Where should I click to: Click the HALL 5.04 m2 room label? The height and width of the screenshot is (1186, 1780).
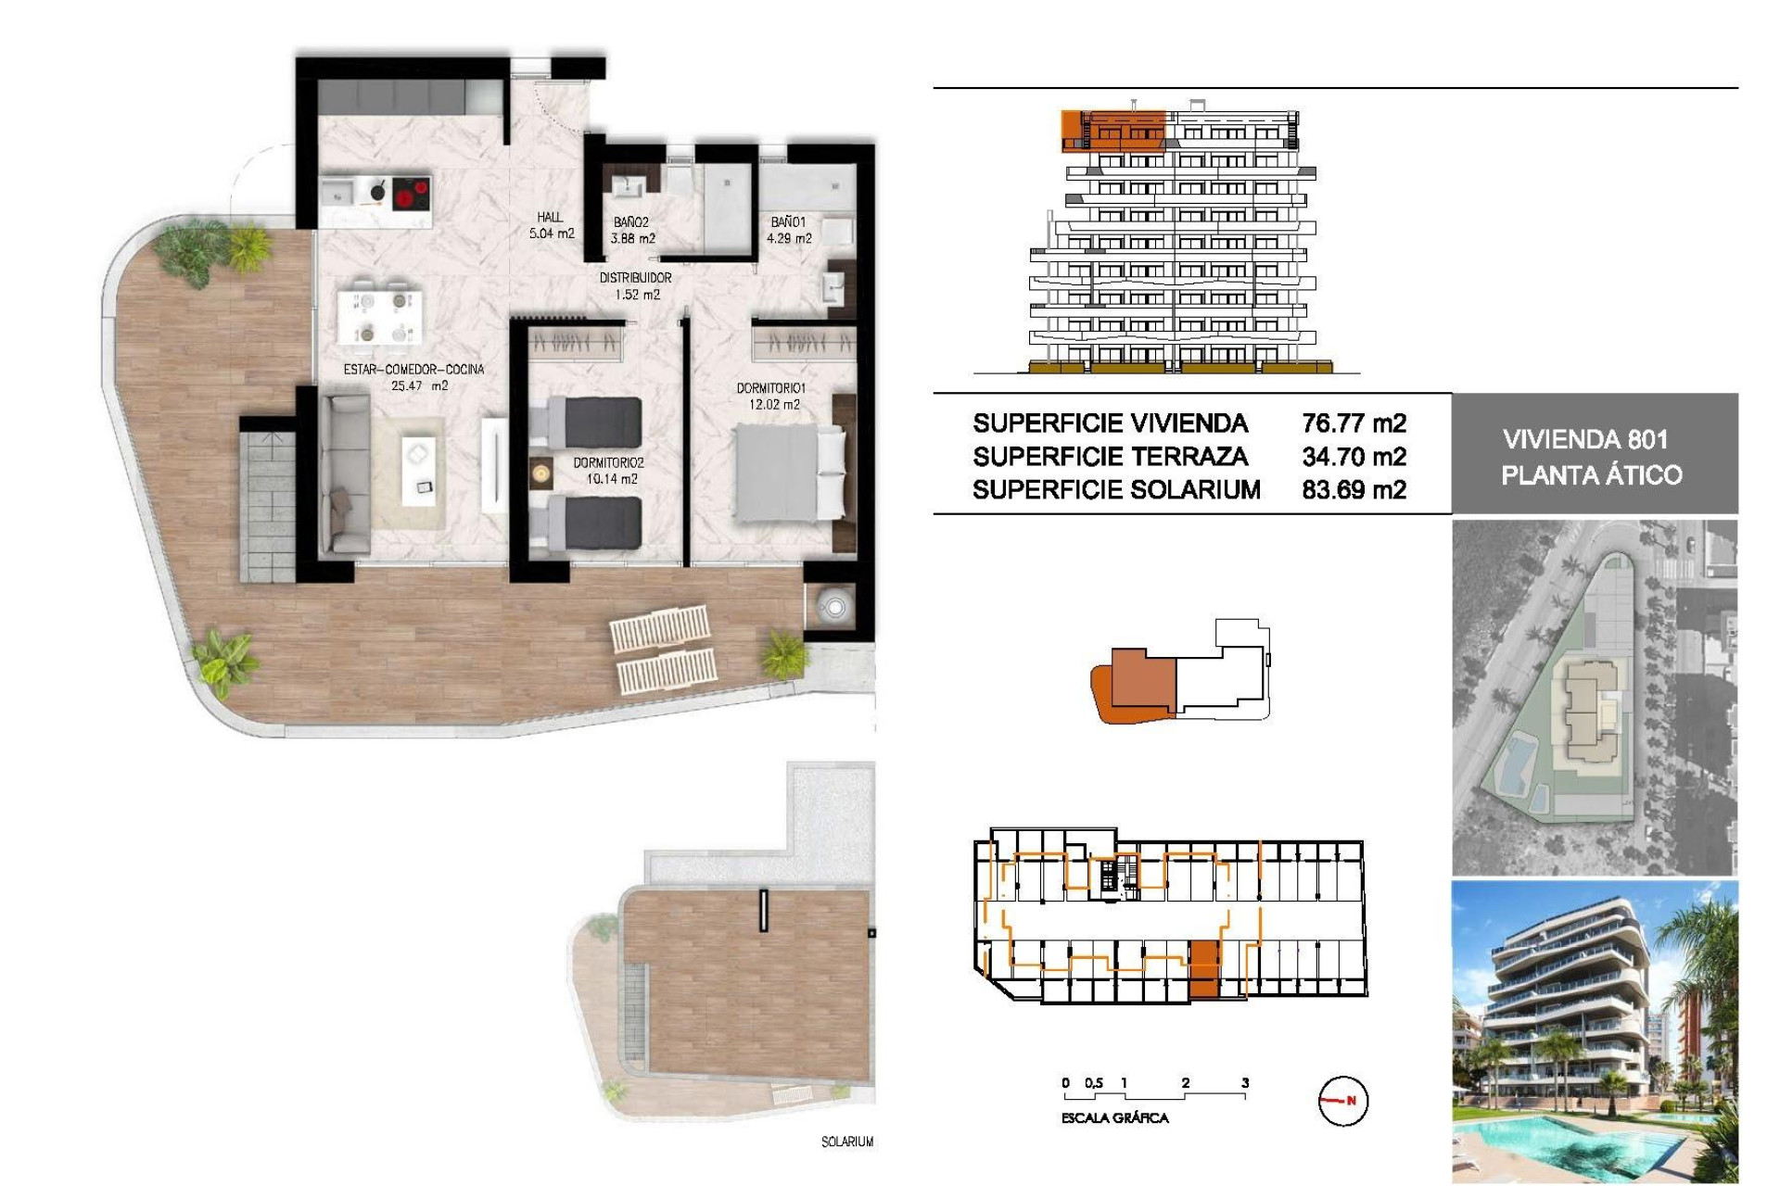[552, 225]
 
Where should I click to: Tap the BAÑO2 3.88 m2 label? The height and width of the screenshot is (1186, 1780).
[632, 230]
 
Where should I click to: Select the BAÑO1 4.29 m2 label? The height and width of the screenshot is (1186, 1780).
[789, 230]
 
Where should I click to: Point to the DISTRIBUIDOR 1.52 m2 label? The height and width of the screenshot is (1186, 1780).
[636, 286]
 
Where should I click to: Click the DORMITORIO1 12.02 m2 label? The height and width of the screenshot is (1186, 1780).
[770, 397]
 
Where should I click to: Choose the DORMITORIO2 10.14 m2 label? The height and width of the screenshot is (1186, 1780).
[608, 471]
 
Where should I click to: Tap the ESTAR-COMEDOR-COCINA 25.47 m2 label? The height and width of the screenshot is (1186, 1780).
[413, 377]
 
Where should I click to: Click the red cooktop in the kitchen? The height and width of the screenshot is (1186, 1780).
[411, 195]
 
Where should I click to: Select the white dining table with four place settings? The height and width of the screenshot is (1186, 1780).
[380, 316]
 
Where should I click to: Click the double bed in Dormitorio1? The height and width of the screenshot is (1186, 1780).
[788, 473]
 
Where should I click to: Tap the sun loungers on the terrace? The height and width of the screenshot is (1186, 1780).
[664, 649]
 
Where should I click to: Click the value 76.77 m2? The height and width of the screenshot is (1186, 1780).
[1354, 423]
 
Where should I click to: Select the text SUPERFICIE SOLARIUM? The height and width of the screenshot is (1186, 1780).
[1116, 489]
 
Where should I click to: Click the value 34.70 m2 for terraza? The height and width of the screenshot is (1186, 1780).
[1354, 457]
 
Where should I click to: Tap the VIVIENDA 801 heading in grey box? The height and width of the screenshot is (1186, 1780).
[1585, 439]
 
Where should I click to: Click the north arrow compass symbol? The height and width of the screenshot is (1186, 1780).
[1342, 1101]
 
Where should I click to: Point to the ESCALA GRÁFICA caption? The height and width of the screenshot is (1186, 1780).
[1114, 1118]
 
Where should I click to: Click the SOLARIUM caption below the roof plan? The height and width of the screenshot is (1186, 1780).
[846, 1142]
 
